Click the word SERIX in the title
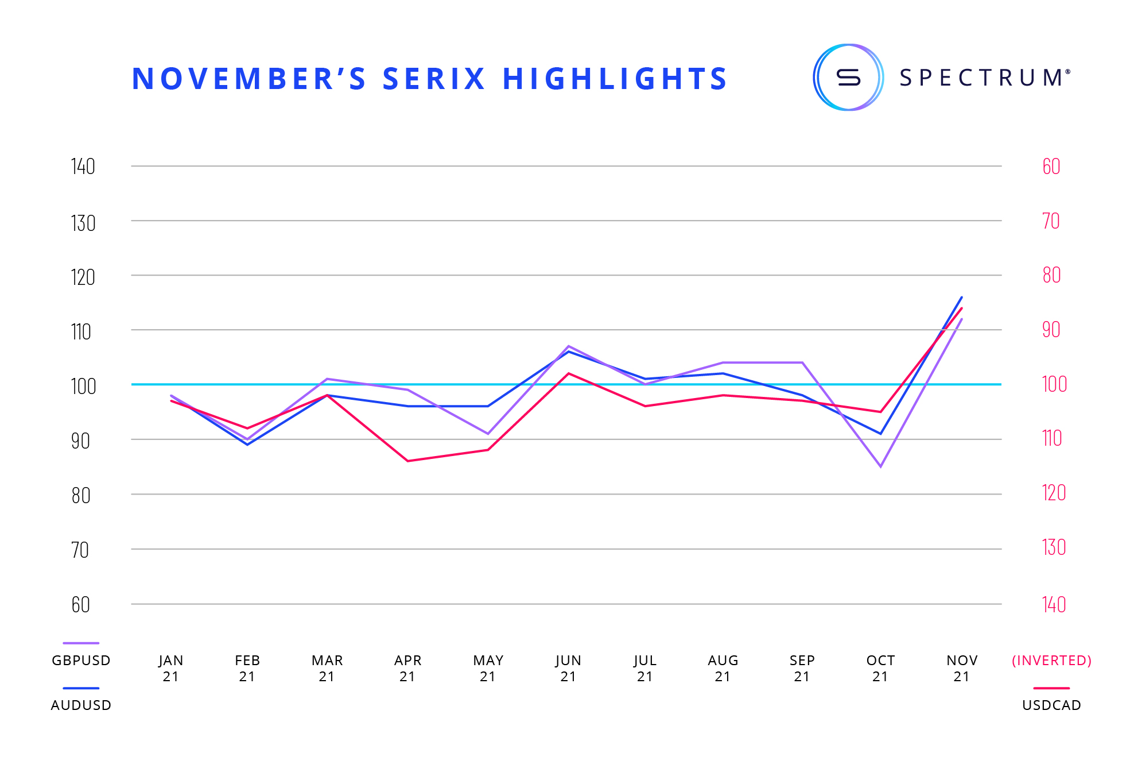[x=434, y=79]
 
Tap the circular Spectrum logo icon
[x=848, y=78]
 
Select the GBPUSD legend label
[x=81, y=661]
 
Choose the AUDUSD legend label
[x=81, y=705]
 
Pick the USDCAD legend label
[x=1051, y=705]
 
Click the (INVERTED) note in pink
[x=1051, y=661]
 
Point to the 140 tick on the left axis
[x=83, y=167]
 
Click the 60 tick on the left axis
[x=81, y=605]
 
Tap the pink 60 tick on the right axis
[x=1051, y=167]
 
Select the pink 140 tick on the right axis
[x=1054, y=605]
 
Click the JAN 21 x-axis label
[x=171, y=668]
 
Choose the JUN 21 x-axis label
[x=568, y=668]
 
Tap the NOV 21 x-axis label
[x=962, y=668]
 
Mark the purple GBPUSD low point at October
[x=880, y=466]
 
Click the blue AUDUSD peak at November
[x=962, y=297]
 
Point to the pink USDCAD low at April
[x=408, y=461]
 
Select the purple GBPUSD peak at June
[x=568, y=346]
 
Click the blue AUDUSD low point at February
[x=247, y=445]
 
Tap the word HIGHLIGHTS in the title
[x=615, y=79]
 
